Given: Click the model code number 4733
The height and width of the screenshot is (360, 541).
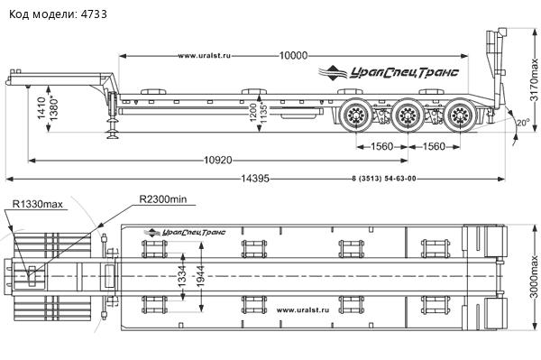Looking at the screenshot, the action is (94, 14).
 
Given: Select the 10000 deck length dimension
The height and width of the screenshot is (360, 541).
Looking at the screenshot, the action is (293, 56).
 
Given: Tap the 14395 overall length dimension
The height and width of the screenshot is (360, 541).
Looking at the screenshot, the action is (255, 179).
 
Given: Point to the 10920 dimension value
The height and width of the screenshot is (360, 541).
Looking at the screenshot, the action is (218, 161).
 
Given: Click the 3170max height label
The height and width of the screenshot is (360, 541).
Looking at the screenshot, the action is (534, 79).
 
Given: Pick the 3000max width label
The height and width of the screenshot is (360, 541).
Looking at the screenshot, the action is (534, 277).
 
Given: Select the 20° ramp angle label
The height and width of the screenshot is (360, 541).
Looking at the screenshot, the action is (522, 123).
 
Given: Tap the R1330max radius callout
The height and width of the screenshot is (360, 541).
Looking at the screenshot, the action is (38, 204).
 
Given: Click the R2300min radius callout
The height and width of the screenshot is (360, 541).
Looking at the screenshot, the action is (163, 199).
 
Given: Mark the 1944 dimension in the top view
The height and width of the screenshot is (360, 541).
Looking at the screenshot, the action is (201, 276).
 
